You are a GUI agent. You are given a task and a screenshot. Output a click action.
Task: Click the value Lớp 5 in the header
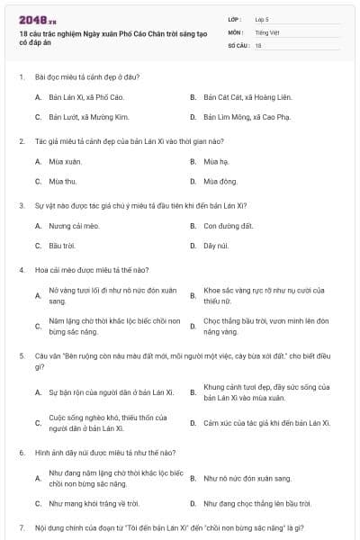262,18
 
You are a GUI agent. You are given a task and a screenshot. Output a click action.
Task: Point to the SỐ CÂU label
238,44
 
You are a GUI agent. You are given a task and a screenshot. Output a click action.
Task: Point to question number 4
21,270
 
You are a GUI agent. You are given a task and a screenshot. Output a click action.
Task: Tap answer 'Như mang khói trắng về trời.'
94,503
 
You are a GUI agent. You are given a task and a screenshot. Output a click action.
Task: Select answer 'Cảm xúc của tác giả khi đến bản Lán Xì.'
267,423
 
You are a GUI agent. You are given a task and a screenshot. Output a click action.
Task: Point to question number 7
21,526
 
